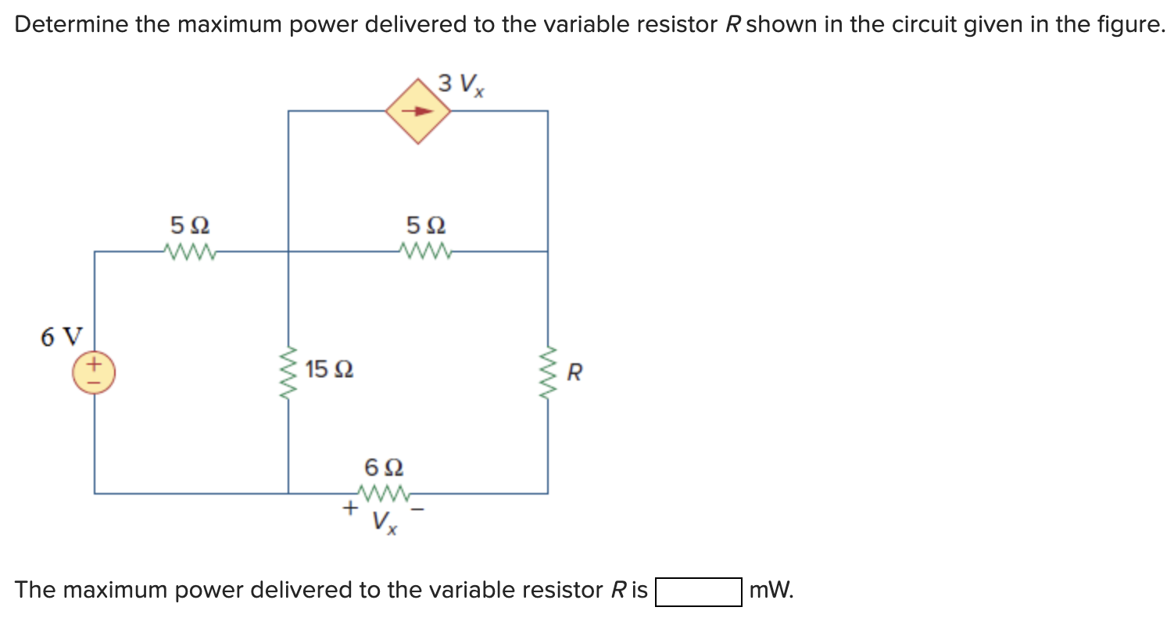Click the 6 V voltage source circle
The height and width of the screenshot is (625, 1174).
point(95,372)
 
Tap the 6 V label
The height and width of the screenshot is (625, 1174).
point(60,337)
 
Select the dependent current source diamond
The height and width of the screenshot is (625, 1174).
point(419,111)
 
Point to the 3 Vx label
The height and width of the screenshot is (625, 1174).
point(460,83)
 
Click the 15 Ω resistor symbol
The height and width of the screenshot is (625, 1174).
point(289,372)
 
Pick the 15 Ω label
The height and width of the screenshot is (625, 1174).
point(329,369)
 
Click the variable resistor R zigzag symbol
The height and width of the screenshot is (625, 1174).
point(547,372)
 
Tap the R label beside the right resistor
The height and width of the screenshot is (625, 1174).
point(574,373)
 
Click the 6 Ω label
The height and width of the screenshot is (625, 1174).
point(384,468)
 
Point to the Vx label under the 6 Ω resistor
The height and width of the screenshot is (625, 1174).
point(384,522)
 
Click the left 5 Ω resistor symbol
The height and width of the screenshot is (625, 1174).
point(190,252)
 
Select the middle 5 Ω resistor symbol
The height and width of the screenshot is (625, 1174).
point(425,252)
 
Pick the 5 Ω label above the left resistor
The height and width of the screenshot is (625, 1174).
point(189,226)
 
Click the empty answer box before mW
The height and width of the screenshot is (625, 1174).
point(698,591)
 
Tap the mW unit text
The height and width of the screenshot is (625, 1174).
point(771,591)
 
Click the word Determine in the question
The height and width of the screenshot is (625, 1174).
point(71,25)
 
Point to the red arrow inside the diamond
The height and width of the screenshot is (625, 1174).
point(418,111)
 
